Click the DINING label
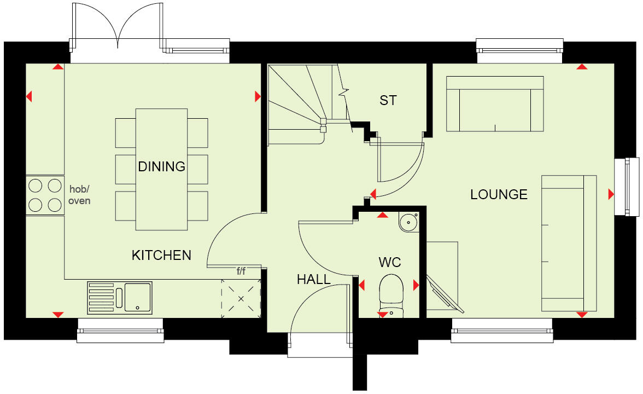(161, 166)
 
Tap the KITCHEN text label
(161, 254)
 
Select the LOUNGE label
(499, 194)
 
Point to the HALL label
(313, 279)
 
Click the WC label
(390, 262)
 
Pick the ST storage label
(388, 100)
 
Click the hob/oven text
(80, 195)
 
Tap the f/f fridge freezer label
(241, 270)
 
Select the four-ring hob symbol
(45, 195)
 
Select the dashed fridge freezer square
(240, 298)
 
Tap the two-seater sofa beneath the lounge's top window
(495, 104)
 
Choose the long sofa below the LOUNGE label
(569, 244)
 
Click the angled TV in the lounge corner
(444, 293)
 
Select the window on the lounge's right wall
(627, 186)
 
